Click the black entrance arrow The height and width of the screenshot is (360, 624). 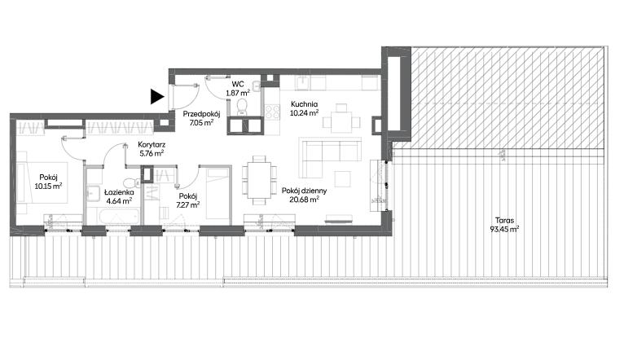coord(156,97)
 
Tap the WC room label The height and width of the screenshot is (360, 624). coord(238,85)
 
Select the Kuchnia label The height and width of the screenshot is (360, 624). coord(304,104)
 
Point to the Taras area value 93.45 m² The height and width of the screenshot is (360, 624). coord(504,229)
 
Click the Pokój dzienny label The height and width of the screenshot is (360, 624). coord(304,191)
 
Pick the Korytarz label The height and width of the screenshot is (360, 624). coord(152,145)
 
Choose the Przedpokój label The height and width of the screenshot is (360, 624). coord(201,114)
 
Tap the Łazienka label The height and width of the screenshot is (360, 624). coord(119,192)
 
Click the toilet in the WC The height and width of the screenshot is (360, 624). coord(243,108)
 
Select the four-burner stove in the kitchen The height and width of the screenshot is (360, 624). coord(272,112)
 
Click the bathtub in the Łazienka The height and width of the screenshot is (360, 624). coord(112,217)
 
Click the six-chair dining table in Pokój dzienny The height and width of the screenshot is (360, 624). coord(259,180)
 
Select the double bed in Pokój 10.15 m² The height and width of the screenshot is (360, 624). coord(42,182)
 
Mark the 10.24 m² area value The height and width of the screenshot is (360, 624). coord(305,112)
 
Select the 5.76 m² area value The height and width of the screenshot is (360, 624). coord(152,153)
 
